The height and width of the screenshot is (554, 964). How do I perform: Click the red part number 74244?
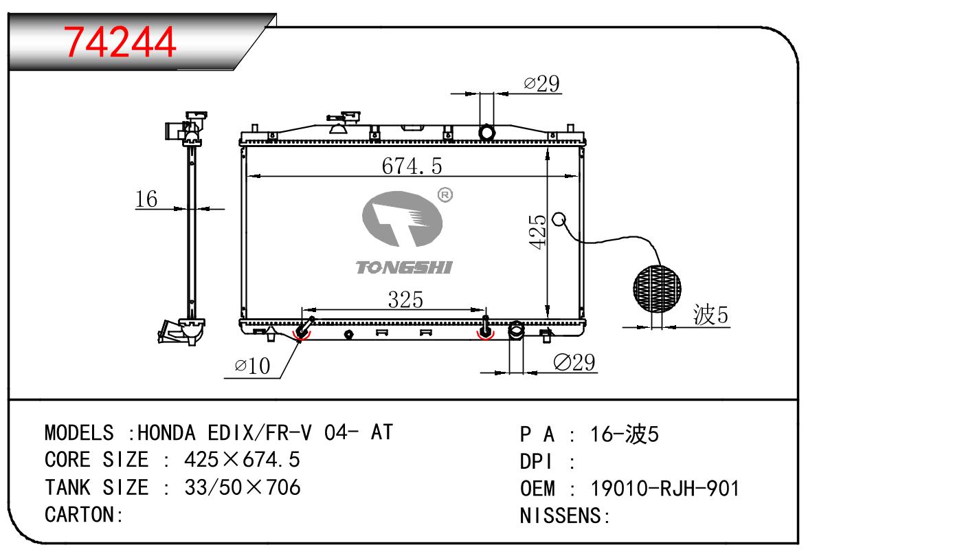click(120, 42)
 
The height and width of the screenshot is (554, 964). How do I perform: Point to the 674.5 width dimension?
click(412, 166)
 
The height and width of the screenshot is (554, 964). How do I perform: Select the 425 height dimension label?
click(538, 232)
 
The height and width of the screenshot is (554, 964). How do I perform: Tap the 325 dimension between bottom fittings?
click(405, 300)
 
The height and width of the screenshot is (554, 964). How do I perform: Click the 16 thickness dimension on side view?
click(146, 199)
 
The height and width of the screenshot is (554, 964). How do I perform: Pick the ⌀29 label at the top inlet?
click(541, 84)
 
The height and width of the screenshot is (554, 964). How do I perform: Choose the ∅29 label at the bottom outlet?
click(574, 362)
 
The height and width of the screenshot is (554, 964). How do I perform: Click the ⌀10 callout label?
click(252, 366)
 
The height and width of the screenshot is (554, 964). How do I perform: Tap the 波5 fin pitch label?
click(710, 315)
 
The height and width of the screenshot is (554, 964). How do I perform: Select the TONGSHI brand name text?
click(404, 267)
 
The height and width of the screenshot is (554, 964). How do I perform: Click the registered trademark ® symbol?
click(445, 196)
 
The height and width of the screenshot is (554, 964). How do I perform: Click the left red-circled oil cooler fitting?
click(302, 333)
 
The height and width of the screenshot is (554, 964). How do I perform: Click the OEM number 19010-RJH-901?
click(665, 489)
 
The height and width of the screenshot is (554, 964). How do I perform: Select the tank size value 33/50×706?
click(243, 487)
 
